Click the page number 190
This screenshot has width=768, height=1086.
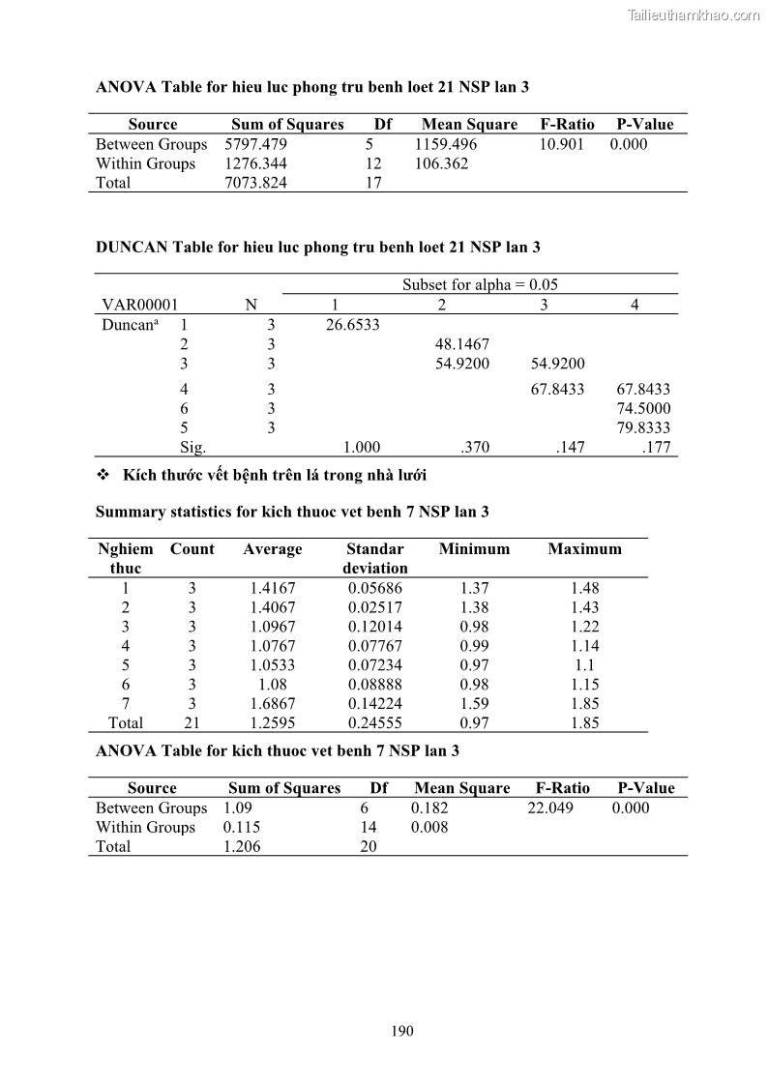[402, 1031]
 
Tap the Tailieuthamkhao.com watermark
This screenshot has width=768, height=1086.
[694, 15]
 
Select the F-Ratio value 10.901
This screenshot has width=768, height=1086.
[562, 144]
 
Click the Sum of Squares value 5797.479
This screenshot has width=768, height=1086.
[256, 144]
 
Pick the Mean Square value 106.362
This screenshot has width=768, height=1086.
[441, 163]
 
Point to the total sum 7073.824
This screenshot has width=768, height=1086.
[256, 183]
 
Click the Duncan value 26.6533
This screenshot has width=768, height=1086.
[352, 325]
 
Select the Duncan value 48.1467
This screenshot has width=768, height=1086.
[462, 344]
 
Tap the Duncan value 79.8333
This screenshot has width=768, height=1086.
[643, 427]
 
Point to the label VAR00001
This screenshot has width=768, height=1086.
[140, 305]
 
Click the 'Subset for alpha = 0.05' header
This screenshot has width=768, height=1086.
[480, 285]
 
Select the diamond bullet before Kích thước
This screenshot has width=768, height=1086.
[103, 476]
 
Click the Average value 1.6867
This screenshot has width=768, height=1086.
[273, 704]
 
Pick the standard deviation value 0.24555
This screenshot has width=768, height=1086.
[375, 723]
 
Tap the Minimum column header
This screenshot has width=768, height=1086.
[474, 549]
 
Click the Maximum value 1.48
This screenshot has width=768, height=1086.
[584, 588]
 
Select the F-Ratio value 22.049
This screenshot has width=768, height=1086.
[550, 808]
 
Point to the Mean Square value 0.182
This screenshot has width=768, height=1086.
[429, 808]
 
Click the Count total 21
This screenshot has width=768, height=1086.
[192, 723]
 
